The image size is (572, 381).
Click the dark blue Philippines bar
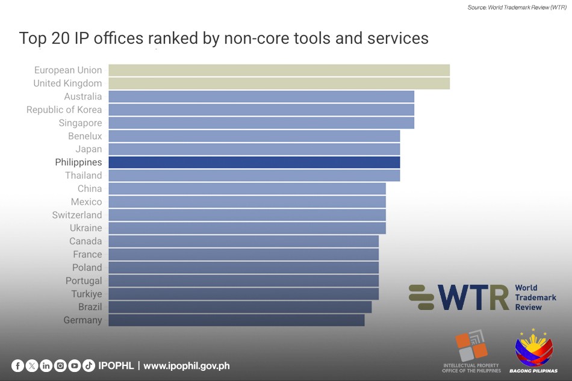coord(254,163)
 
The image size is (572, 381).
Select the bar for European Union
coord(279,70)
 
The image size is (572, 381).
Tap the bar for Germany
coord(236,320)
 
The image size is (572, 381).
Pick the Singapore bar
coord(261,123)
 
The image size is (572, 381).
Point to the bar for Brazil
coord(240,307)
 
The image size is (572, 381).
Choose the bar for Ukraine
coord(247,228)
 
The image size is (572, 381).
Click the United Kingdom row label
coord(67,83)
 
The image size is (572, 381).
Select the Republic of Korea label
coord(64,110)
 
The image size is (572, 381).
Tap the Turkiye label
coord(86,294)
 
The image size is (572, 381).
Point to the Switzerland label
coord(77,215)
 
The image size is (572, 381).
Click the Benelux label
coord(85,136)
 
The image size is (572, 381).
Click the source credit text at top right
coord(517,8)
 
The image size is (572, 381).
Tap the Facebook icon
coord(17,365)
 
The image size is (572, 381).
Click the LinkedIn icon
coord(46,365)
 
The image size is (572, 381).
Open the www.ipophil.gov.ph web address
coord(187,365)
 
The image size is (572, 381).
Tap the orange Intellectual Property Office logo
coord(471,346)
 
